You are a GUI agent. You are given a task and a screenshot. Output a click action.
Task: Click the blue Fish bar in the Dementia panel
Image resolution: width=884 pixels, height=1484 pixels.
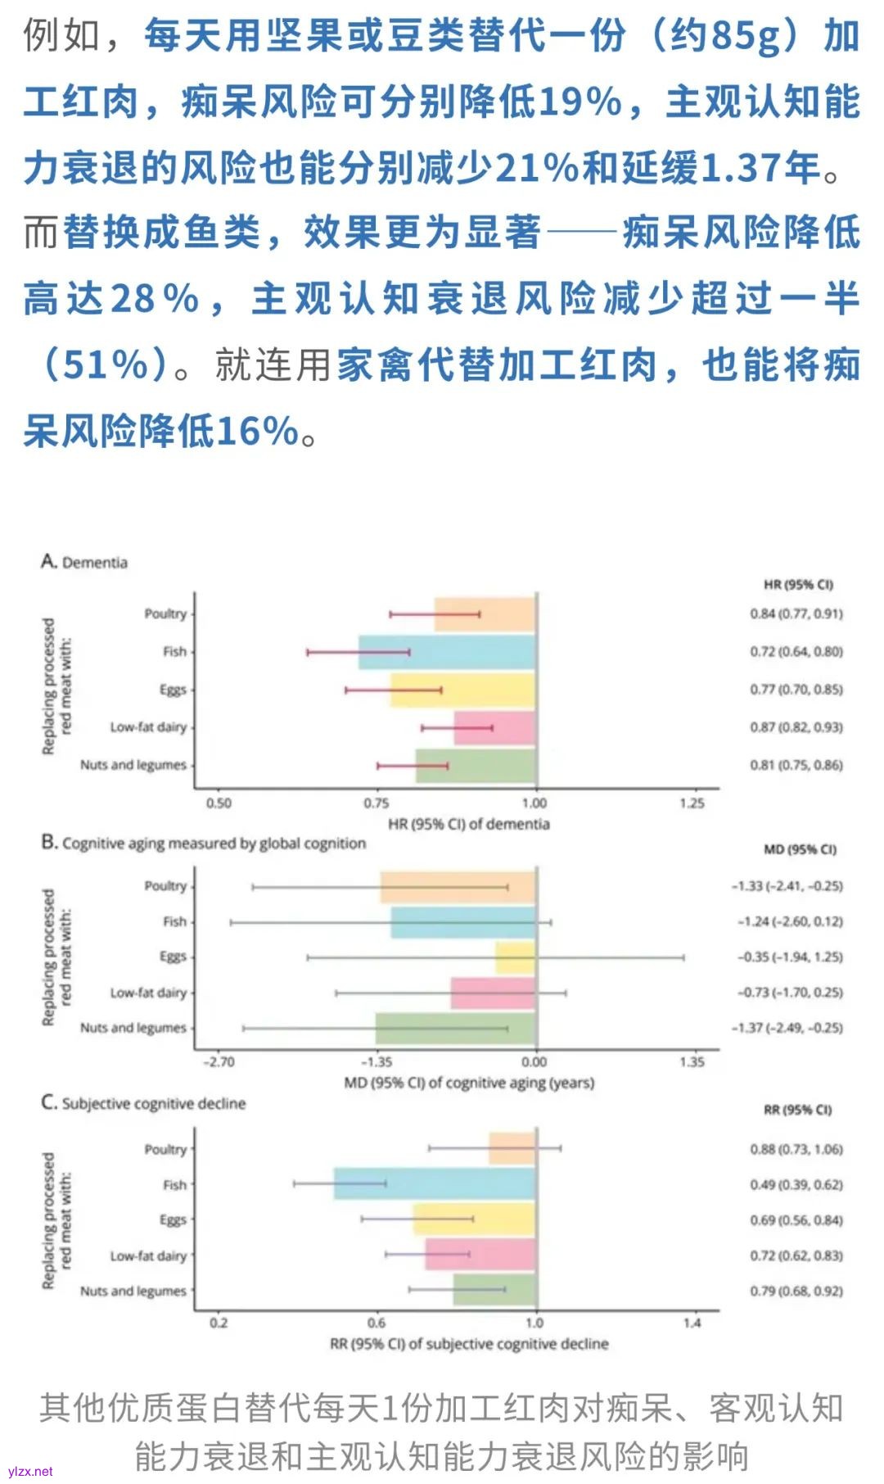click(x=446, y=652)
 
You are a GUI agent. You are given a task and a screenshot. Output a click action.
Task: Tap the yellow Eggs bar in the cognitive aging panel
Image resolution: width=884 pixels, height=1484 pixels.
click(x=516, y=957)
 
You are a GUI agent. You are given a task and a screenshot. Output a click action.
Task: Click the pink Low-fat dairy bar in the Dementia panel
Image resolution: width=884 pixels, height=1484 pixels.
click(x=494, y=727)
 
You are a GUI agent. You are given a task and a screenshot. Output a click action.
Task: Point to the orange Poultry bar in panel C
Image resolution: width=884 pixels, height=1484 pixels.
click(x=512, y=1148)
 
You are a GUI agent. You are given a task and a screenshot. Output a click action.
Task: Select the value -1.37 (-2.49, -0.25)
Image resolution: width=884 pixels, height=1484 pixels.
click(x=787, y=1028)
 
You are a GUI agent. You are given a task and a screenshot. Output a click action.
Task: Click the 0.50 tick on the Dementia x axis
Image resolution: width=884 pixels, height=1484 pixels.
click(x=219, y=803)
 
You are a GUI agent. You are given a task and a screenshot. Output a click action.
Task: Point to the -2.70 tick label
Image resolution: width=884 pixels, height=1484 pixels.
click(x=219, y=1062)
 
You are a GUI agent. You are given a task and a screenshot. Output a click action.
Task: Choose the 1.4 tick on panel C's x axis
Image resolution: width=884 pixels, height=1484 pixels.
click(x=692, y=1323)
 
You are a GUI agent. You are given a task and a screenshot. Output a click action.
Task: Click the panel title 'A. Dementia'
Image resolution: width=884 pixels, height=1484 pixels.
click(x=84, y=562)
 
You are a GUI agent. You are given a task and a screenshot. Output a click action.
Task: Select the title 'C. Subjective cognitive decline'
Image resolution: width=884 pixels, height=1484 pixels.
click(x=143, y=1103)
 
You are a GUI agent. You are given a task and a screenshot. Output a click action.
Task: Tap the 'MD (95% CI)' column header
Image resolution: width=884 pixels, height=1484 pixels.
click(x=800, y=849)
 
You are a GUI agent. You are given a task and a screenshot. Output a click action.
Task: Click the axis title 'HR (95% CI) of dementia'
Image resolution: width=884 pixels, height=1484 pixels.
click(x=468, y=824)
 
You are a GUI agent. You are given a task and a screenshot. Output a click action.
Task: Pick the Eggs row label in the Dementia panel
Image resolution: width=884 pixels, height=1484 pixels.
click(x=173, y=690)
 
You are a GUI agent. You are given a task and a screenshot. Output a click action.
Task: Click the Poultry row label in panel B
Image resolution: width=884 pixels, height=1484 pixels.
click(x=165, y=886)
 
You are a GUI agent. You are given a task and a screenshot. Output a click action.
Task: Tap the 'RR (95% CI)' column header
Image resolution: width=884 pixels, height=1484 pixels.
click(x=797, y=1110)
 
